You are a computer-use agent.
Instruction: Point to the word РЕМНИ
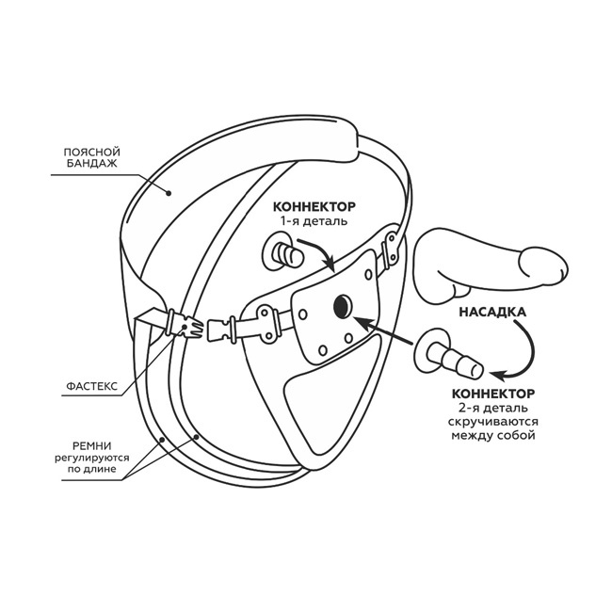tap(91, 443)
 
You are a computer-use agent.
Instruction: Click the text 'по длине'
tap(91, 472)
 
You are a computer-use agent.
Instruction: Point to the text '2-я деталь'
tap(493, 409)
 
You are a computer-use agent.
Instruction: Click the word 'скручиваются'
tap(493, 423)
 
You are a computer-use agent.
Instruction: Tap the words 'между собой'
tap(493, 437)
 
